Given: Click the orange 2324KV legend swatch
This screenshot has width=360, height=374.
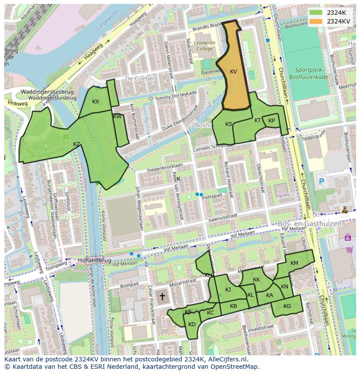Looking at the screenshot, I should [x=316, y=21].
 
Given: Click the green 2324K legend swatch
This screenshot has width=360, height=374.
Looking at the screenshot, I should [x=316, y=13].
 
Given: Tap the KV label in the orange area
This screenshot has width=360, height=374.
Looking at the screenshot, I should [x=233, y=72].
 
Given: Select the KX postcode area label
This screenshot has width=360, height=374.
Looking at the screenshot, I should [x=96, y=101].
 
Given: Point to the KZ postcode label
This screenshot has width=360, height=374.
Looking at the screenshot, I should [x=77, y=144].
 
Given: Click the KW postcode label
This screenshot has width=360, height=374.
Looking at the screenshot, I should [x=117, y=116].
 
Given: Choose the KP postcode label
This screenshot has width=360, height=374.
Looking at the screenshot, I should [x=271, y=121].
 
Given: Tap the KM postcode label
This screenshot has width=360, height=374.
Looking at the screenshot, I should [x=294, y=263].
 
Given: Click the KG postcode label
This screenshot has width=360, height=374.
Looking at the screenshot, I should [x=287, y=306].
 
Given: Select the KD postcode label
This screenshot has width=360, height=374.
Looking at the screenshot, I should [x=192, y=324].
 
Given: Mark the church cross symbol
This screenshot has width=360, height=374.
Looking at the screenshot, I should [x=163, y=297].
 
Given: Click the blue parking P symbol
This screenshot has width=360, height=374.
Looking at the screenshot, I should [x=321, y=182].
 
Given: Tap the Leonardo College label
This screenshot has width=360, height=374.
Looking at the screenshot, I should [x=204, y=46].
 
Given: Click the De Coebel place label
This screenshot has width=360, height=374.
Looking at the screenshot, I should [x=140, y=79].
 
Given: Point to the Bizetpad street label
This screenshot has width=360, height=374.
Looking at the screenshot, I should [x=129, y=285].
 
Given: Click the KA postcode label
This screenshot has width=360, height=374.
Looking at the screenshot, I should [x=270, y=295].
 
